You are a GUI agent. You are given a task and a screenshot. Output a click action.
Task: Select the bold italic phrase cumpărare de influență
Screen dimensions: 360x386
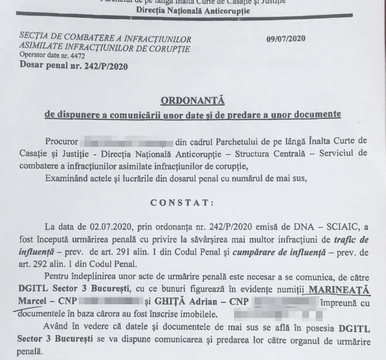(261, 252)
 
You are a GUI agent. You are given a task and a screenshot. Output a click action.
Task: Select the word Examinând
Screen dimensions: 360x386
(63, 176)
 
